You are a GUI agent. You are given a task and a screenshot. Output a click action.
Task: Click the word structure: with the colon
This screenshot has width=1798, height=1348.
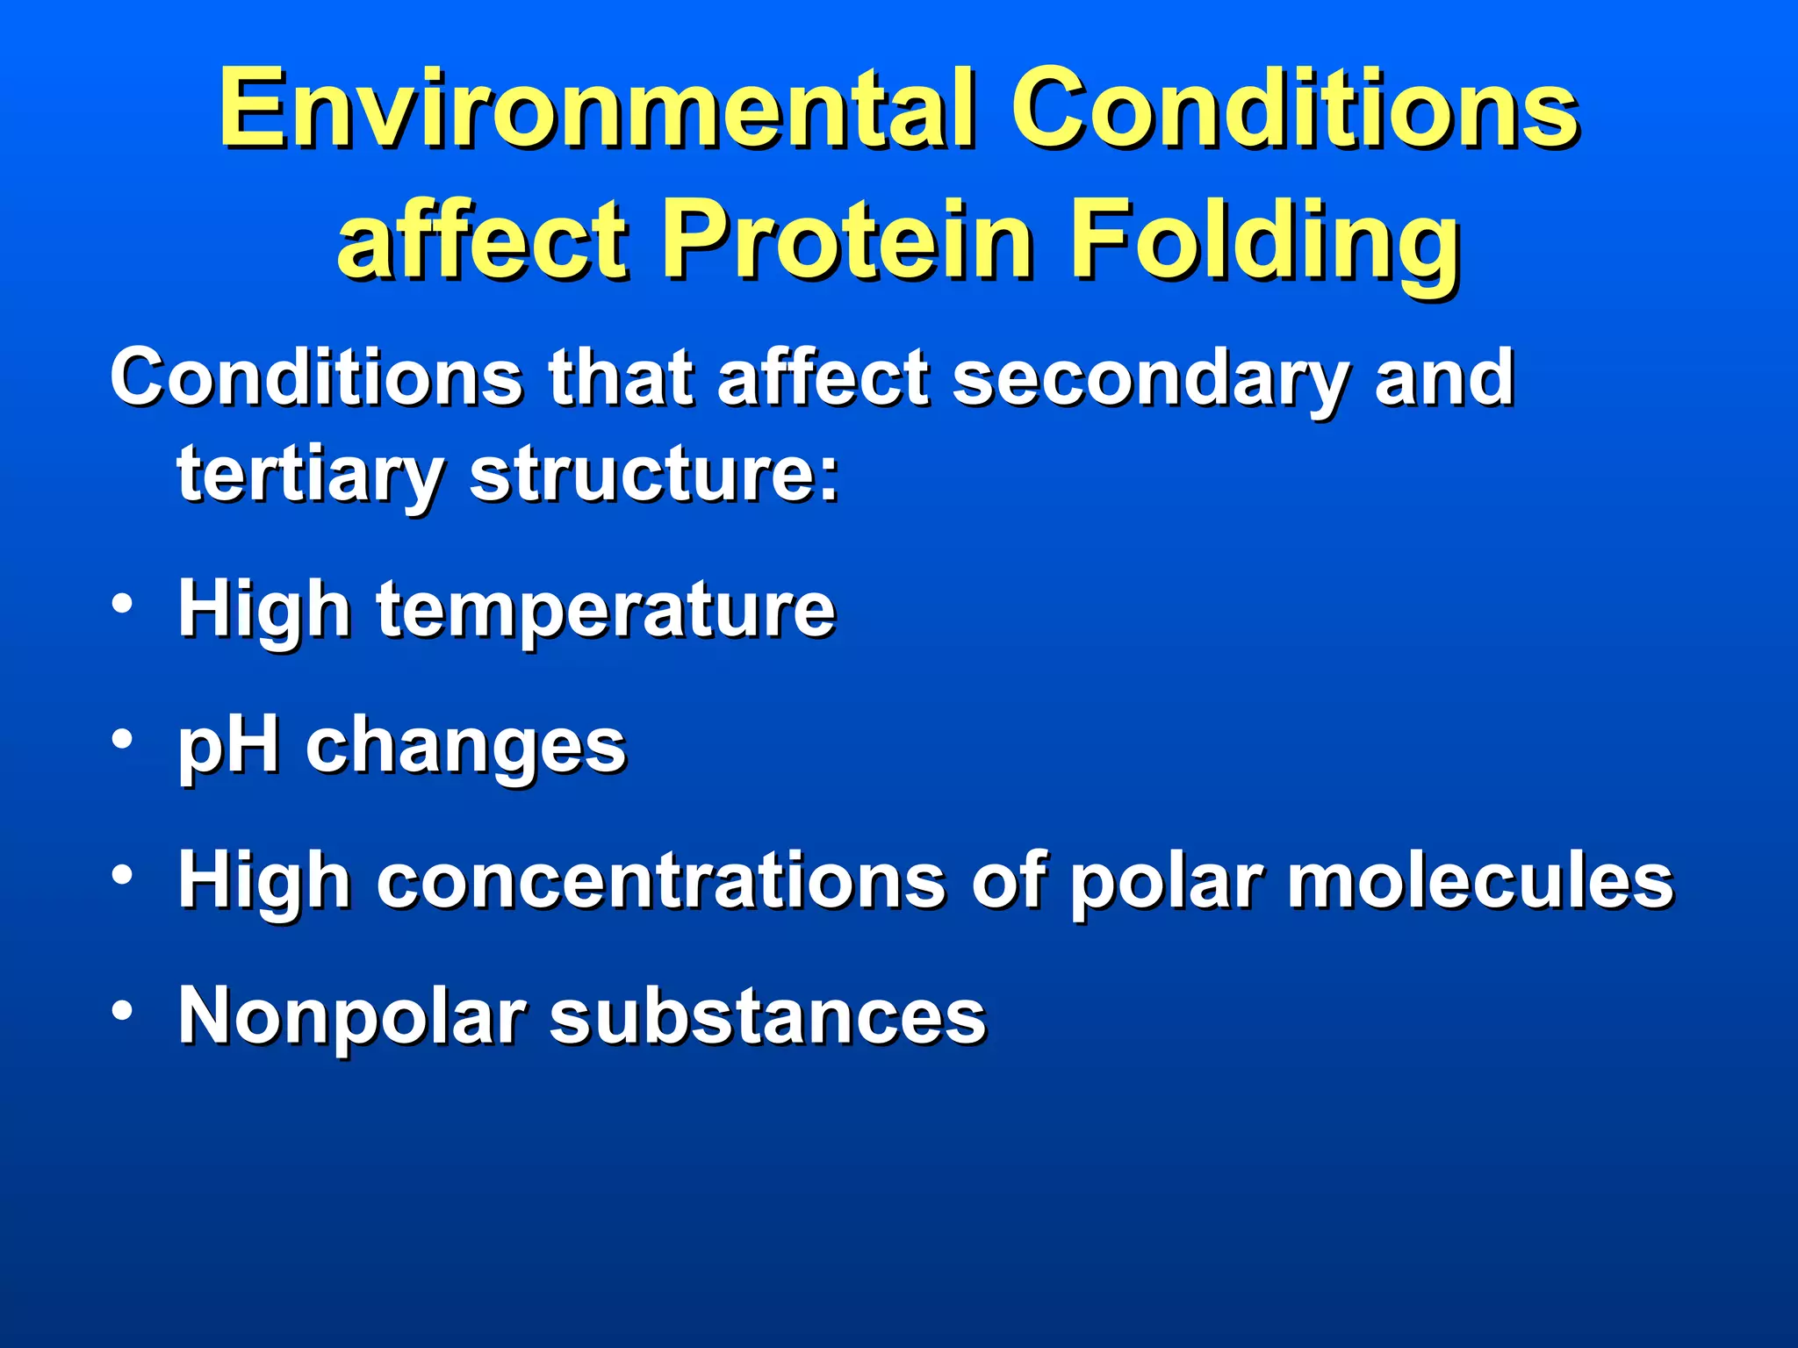coord(654,474)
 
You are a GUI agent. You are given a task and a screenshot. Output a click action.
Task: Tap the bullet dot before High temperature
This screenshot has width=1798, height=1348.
coord(123,604)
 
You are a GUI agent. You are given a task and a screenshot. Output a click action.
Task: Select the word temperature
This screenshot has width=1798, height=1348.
coord(606,610)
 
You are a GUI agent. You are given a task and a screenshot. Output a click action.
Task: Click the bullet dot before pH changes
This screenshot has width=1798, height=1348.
coord(123,739)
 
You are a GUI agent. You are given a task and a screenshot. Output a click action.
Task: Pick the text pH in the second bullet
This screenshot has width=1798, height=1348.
coord(228,746)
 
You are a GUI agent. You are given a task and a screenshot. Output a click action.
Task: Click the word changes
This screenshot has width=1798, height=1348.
coord(465,746)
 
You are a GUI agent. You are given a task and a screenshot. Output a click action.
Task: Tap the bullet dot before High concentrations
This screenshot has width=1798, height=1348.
coord(123,875)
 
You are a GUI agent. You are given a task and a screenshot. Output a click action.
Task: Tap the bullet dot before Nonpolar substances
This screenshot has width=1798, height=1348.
coord(123,1010)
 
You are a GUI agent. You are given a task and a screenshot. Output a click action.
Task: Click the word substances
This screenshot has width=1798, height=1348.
coord(768,1016)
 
